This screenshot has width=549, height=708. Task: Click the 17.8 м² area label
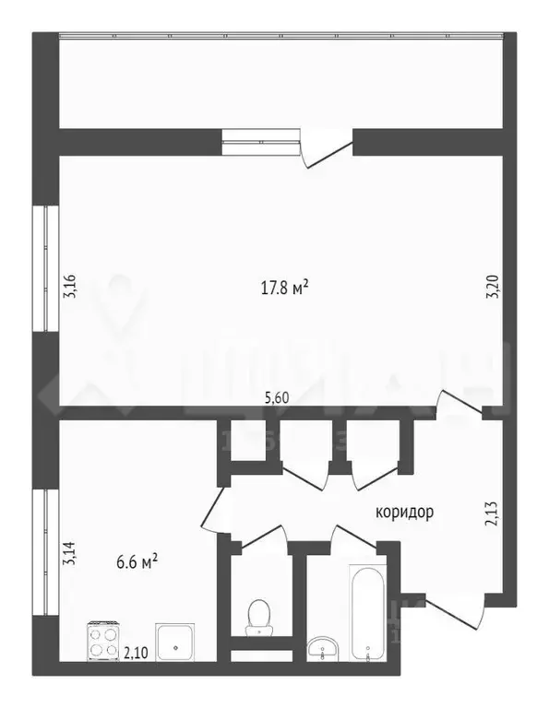point(283,289)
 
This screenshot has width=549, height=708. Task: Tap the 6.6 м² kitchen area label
point(135,560)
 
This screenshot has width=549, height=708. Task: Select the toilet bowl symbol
point(258,616)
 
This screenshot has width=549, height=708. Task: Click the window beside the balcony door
point(262,141)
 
